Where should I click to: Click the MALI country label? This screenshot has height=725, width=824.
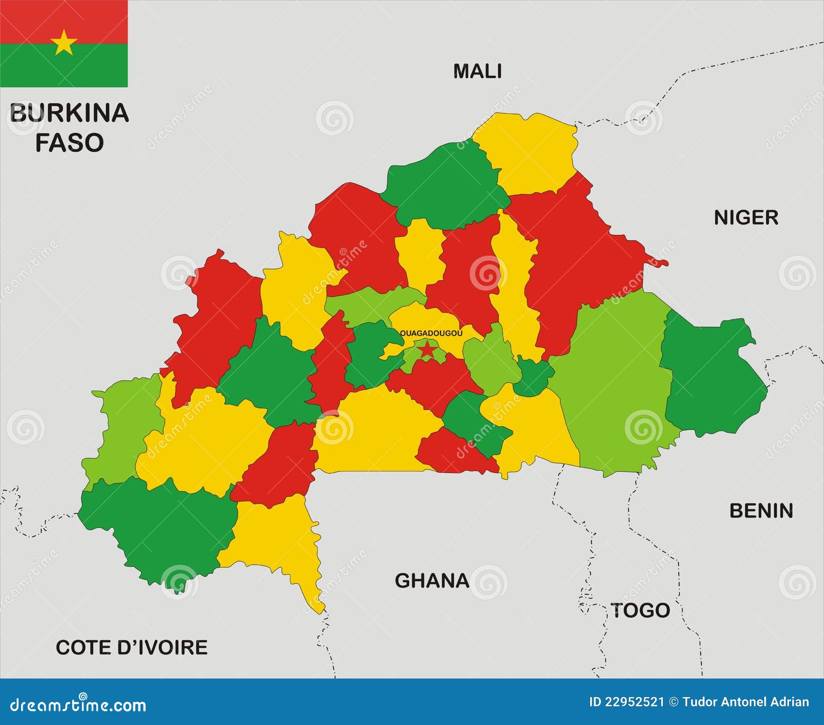477,71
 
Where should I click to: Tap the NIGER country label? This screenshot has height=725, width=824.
745,218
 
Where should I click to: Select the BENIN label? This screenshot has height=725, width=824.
761,511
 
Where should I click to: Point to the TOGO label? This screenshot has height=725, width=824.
640,611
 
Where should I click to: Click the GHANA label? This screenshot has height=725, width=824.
432,581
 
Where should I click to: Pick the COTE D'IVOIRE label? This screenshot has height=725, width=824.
131,647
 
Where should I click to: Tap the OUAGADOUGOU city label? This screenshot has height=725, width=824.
432,333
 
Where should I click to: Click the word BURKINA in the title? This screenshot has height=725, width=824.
69,113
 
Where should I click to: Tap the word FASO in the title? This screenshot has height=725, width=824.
69,143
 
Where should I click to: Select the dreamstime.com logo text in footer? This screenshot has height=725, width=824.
78,704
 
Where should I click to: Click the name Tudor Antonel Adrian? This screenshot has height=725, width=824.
746,702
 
